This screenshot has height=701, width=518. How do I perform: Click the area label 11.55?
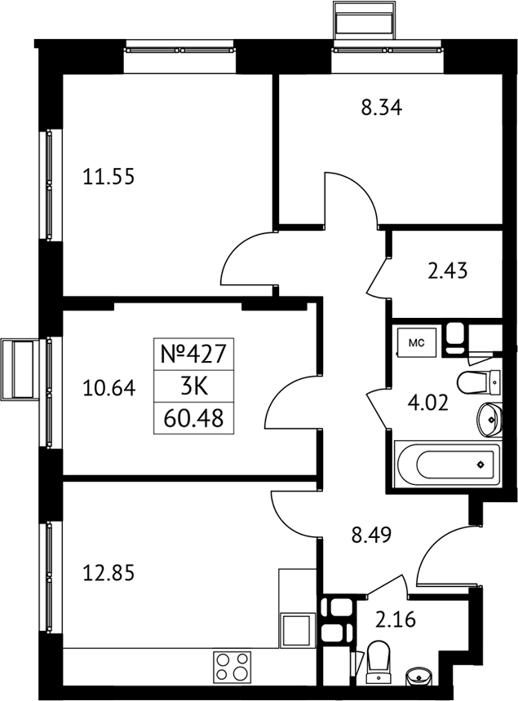click(x=108, y=177)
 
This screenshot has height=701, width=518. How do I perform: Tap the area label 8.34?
click(x=382, y=108)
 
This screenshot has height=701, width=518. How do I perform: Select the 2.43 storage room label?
click(x=447, y=271)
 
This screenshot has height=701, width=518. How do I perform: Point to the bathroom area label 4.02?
click(x=427, y=403)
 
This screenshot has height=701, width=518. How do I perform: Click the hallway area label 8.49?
click(x=371, y=535)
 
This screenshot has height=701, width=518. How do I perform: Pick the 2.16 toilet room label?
click(x=396, y=620)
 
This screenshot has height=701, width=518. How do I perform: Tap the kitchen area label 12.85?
click(x=108, y=573)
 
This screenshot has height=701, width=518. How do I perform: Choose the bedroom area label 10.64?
click(x=109, y=388)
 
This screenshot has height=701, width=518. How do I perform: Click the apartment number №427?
click(x=193, y=355)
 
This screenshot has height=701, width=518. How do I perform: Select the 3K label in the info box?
click(x=194, y=386)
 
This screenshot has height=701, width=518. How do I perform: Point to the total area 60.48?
click(x=193, y=419)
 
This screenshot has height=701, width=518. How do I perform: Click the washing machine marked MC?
click(x=417, y=342)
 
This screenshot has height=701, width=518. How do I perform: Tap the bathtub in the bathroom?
click(x=447, y=465)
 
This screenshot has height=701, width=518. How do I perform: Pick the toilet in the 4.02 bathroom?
click(x=479, y=382)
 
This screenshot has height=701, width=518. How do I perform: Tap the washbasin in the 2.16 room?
click(x=419, y=676)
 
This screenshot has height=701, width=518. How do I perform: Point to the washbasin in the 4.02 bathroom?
click(x=489, y=419)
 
